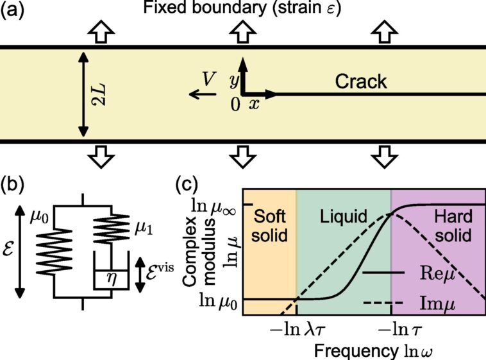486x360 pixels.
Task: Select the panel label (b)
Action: coord(14,185)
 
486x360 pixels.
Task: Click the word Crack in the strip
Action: coord(362,81)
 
